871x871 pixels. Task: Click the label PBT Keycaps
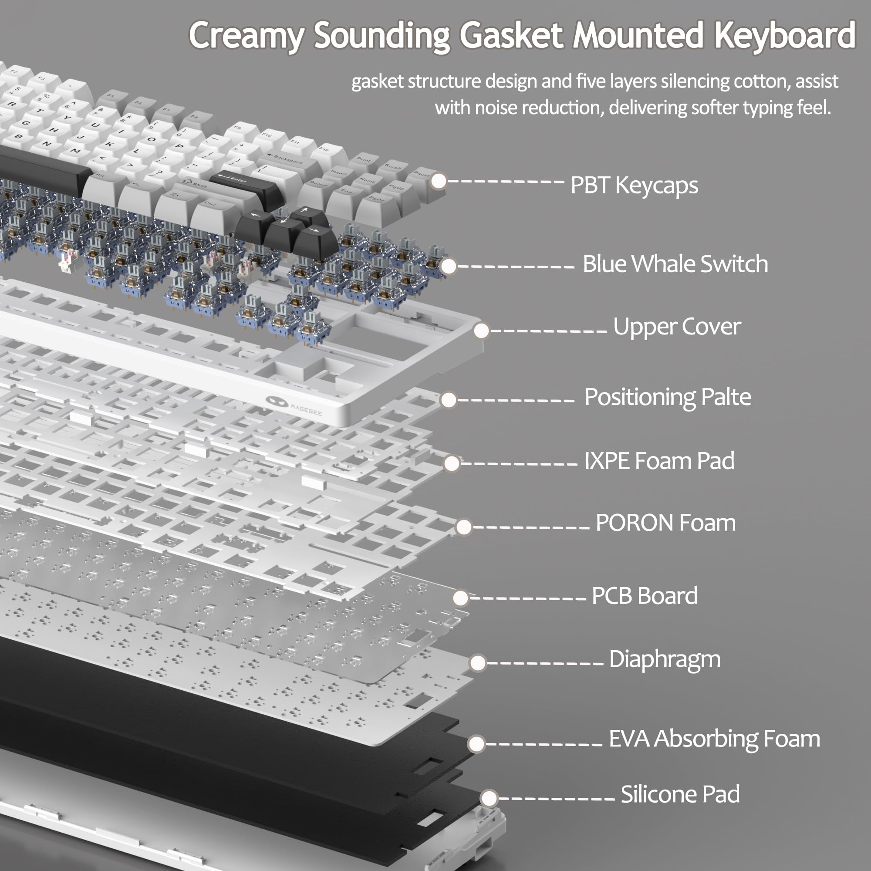[634, 185]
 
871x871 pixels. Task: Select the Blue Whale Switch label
[675, 264]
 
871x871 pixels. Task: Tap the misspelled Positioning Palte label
[667, 397]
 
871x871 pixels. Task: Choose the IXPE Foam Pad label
[659, 461]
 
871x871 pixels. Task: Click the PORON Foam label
[665, 523]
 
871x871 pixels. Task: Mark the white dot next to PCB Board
[460, 598]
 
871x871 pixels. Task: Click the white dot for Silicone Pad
[489, 798]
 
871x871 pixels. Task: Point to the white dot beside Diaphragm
[477, 663]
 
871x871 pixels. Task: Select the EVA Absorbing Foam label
[714, 739]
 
